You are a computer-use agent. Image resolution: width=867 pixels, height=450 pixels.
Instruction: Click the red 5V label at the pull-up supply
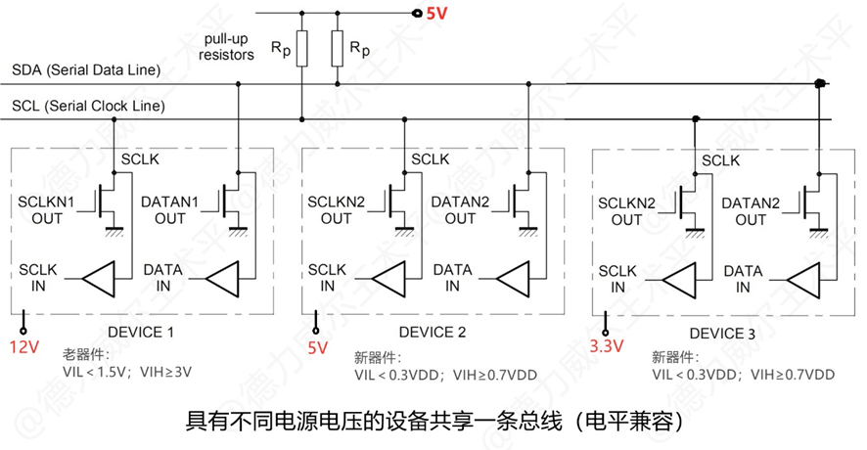pos(435,14)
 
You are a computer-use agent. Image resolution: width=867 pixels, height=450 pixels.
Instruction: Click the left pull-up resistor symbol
pos(301,47)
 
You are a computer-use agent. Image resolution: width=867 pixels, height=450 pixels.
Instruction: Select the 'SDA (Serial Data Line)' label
pos(86,70)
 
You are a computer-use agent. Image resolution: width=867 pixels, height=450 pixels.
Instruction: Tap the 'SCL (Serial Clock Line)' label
pos(88,106)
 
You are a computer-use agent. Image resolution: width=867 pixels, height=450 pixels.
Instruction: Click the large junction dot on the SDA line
pos(820,85)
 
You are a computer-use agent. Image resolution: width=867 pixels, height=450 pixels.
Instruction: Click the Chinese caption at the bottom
pos(433,423)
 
